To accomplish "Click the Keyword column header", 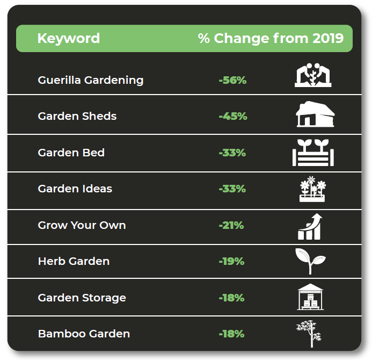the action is (69, 39).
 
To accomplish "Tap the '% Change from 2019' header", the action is (271, 38).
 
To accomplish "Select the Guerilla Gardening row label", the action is (91, 81).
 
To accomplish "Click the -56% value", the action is (232, 80).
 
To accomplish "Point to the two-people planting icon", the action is (313, 75).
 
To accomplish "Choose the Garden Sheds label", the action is (77, 117).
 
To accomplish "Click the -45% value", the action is (233, 117).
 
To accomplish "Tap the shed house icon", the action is (315, 114).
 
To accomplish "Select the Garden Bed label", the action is (71, 153).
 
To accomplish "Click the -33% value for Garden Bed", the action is (232, 153).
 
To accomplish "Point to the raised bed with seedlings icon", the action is (313, 153).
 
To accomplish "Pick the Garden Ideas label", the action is (75, 189).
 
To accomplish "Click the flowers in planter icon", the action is (312, 189).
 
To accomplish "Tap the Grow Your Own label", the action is (82, 225).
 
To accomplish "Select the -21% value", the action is (231, 225).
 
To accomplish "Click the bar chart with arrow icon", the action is (310, 227).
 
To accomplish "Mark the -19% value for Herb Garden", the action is (231, 262).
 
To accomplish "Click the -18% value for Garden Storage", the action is (231, 298).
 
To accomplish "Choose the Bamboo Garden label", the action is (84, 334).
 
